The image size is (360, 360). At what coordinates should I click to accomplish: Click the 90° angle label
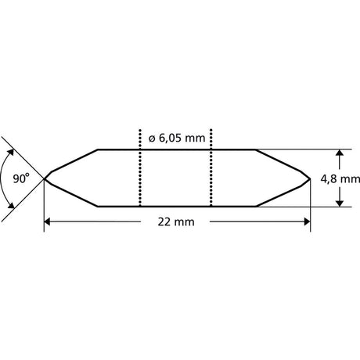21,178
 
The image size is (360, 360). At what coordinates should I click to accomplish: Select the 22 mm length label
176,222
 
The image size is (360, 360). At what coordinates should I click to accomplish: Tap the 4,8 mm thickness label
340,179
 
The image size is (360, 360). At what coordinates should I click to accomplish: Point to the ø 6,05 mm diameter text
177,138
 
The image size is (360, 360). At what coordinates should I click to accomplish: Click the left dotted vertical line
140,167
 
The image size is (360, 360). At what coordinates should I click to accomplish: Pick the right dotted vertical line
211,167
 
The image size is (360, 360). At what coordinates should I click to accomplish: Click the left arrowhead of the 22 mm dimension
47,222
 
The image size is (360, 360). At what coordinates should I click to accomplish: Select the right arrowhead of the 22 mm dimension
308,222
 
